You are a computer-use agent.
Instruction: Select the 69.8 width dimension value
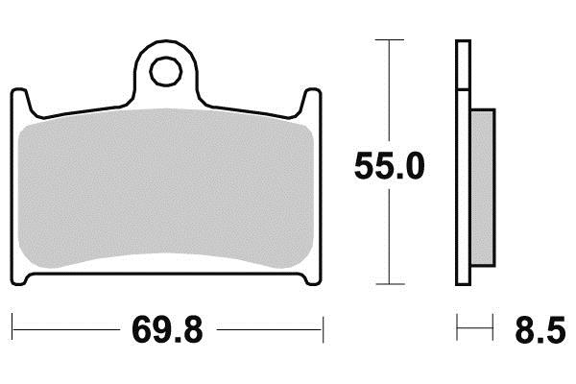[x=167, y=330]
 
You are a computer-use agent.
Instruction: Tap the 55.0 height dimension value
[x=390, y=166]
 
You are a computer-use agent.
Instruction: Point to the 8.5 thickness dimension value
[x=540, y=330]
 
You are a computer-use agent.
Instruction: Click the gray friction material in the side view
[x=482, y=187]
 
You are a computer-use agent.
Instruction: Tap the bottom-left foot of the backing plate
[x=19, y=279]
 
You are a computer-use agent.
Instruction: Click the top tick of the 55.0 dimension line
[x=390, y=39]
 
